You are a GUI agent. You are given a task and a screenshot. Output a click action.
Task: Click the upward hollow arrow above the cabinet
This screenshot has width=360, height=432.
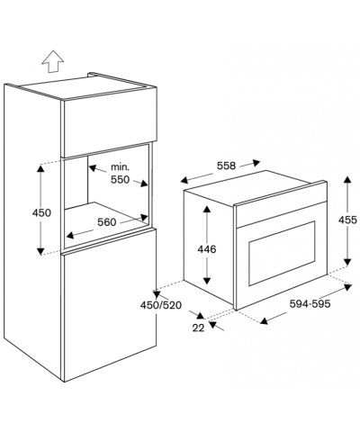[x=53, y=61]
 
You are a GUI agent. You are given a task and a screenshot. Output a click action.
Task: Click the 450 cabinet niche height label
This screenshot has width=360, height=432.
[x=41, y=213]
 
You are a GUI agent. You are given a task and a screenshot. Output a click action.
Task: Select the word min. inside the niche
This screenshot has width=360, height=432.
[x=121, y=166]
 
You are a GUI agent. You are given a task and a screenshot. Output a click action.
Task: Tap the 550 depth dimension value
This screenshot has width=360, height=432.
[x=121, y=180]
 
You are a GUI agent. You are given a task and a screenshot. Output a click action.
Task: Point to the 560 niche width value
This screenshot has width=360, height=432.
[x=106, y=222]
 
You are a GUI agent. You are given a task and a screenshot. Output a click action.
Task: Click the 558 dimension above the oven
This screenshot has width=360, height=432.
[x=227, y=166]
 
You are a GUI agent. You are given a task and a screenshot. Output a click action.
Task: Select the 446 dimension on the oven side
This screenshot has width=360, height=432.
[x=207, y=249]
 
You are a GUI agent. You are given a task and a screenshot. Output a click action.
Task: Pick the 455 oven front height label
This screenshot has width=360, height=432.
[x=347, y=220]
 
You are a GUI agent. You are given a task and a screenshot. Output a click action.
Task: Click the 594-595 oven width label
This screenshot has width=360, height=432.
[x=310, y=304]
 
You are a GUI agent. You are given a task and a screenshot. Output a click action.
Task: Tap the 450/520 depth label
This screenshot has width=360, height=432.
[x=161, y=305]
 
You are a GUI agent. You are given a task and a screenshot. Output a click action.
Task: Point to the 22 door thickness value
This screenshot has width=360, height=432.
[x=198, y=328]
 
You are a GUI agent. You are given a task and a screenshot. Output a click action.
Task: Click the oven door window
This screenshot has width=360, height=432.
[x=282, y=254]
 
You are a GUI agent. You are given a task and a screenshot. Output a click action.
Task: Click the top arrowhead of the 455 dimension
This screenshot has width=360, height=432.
[x=347, y=180]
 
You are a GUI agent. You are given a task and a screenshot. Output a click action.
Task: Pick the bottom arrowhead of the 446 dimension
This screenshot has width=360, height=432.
[x=207, y=281]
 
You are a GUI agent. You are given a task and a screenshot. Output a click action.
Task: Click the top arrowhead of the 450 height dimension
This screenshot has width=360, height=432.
[x=40, y=168]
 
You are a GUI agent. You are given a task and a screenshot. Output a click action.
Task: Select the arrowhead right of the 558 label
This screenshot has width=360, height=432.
[x=256, y=163]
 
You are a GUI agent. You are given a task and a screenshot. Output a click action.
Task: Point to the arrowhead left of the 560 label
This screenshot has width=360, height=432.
[x=70, y=235]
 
